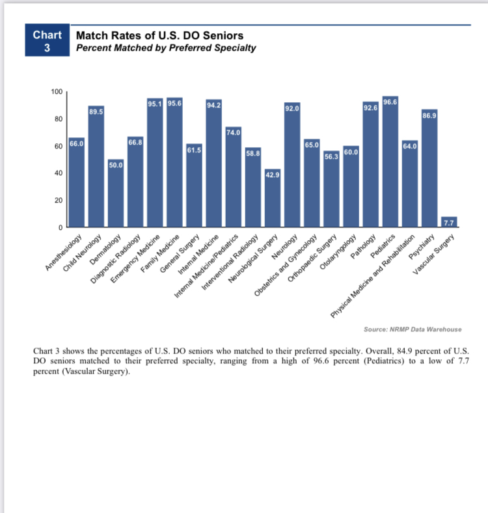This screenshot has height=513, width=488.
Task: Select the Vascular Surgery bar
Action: (x=449, y=222)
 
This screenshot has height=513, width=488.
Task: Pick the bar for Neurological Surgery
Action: (x=273, y=198)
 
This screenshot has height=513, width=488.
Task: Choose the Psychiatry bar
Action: (x=429, y=169)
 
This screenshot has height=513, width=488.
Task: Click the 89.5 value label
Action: (x=96, y=112)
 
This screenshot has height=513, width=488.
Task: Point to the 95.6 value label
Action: (x=175, y=103)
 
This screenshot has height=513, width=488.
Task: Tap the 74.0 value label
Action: (x=234, y=132)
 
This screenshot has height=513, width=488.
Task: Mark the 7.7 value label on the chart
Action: (x=449, y=223)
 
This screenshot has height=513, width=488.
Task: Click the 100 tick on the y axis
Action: (x=56, y=92)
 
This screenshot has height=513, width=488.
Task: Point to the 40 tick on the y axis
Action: (x=58, y=173)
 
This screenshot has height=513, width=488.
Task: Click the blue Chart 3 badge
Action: (x=47, y=40)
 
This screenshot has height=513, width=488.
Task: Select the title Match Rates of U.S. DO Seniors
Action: (x=160, y=35)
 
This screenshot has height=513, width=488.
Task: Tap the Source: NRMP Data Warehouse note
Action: (x=413, y=329)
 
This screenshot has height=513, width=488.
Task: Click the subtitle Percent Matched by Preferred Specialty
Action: (x=166, y=48)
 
